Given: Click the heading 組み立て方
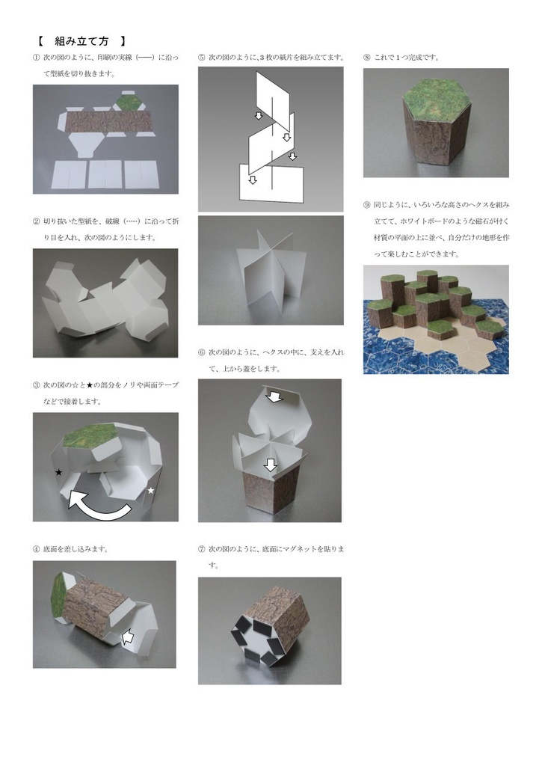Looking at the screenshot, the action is coord(81,41).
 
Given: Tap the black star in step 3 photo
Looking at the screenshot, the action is coord(58,473).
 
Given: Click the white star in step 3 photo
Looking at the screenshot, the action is coord(151,490).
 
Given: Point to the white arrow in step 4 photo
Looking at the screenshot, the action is coord(128,636).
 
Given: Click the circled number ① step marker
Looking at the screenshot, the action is coord(36,58).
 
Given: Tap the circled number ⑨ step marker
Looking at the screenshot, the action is coord(367,205).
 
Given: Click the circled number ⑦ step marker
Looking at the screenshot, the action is coord(202,549).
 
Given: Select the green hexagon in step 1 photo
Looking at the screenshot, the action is coord(127,102).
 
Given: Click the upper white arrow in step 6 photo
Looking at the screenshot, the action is coord(274,395).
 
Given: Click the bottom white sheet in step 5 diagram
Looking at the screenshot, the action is coord(271,183).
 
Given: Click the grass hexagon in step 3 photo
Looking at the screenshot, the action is coord(90,436).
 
